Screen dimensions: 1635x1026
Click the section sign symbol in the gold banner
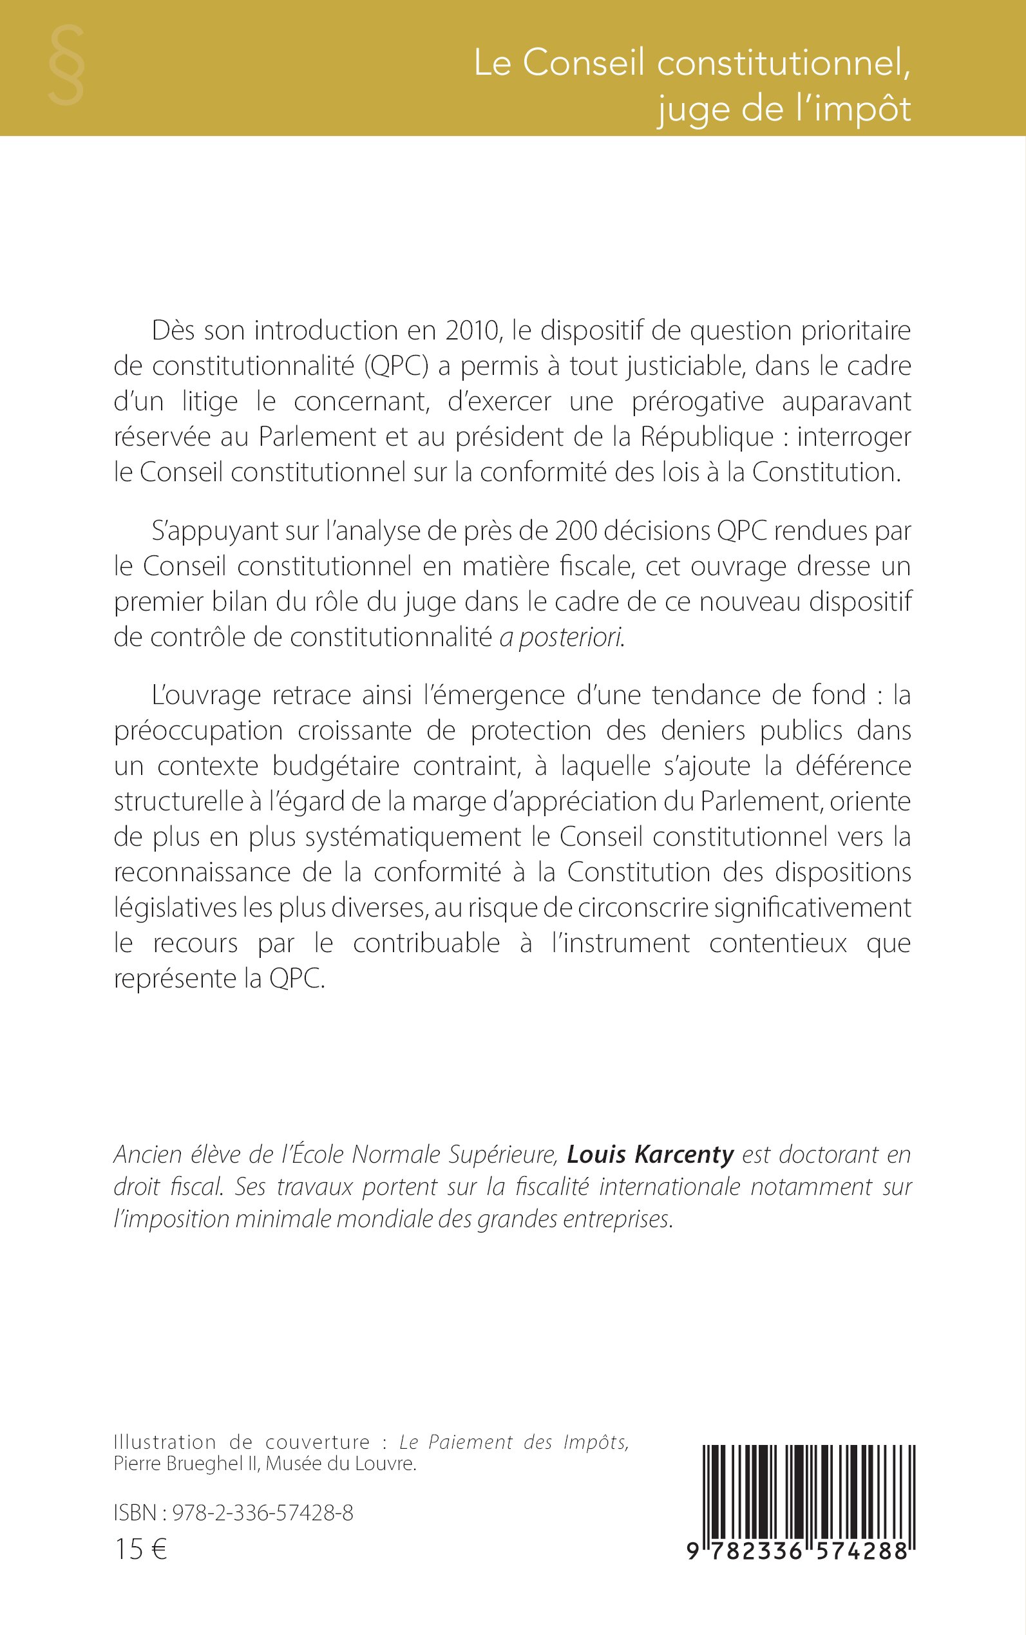pos(66,66)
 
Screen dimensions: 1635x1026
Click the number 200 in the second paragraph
pos(575,531)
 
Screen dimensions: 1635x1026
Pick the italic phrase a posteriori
pos(561,637)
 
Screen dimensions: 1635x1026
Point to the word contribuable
pos(426,943)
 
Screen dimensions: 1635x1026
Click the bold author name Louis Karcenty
pos(650,1154)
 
